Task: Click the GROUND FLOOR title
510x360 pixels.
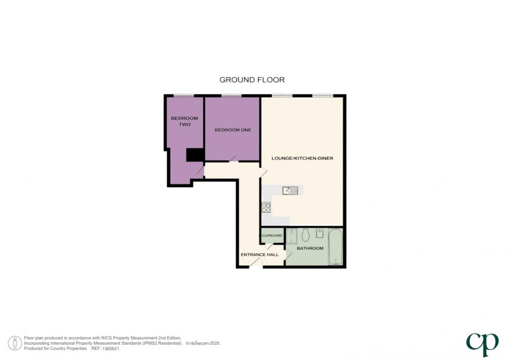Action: tap(252, 80)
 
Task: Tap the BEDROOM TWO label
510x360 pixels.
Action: tap(185, 121)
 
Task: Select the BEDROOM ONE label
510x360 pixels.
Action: tap(232, 130)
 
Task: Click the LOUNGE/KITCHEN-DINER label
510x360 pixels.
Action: tap(302, 158)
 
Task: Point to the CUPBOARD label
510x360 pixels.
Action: tap(272, 236)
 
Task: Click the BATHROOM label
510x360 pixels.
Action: tap(310, 248)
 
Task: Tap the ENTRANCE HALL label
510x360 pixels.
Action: tap(259, 255)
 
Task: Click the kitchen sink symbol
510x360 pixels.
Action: tap(291, 190)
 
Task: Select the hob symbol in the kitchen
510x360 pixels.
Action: tap(266, 207)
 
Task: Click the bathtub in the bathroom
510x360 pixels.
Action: tap(335, 246)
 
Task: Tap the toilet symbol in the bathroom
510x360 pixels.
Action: tap(305, 235)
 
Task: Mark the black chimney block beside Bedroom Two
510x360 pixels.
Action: tap(195, 154)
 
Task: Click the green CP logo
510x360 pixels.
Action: tap(482, 342)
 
